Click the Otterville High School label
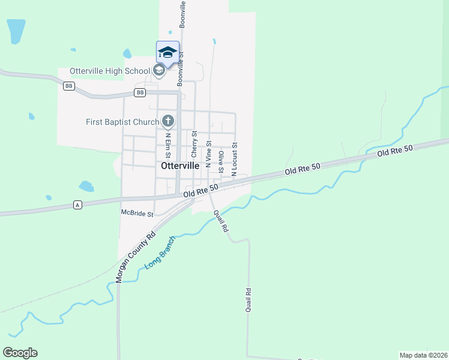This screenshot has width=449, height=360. click(x=110, y=71)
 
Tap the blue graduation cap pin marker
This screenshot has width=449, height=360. click(x=167, y=53)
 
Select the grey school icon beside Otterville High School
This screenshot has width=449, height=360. click(x=159, y=71)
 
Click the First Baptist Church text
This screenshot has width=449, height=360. click(x=122, y=122)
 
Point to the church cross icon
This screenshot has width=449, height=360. click(x=168, y=122)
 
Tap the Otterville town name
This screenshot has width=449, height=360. click(x=180, y=166)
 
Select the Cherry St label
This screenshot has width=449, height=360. click(x=194, y=143)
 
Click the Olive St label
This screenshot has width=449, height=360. click(x=221, y=161)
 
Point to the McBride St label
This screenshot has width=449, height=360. click(x=137, y=213)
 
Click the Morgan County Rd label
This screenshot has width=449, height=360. click(x=136, y=257)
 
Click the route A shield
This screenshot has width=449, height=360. click(x=77, y=205)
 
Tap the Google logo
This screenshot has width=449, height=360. click(x=20, y=353)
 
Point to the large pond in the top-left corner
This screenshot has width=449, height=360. click(x=16, y=31)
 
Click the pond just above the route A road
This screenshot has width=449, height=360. click(x=86, y=186)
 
